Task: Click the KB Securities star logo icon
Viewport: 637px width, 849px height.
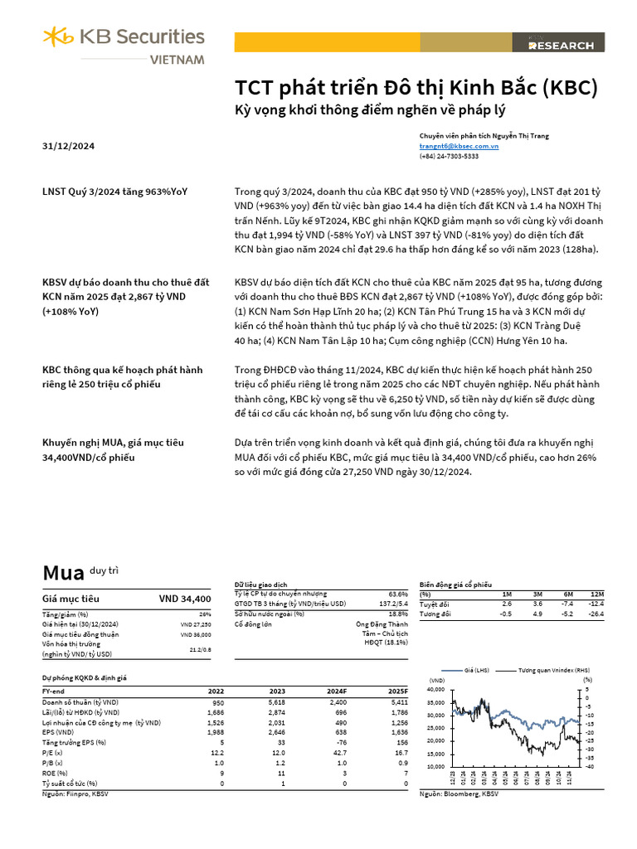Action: [x=59, y=37]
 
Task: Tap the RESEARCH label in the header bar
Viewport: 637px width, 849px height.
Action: [x=562, y=46]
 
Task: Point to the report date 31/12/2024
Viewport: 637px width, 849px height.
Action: [x=68, y=146]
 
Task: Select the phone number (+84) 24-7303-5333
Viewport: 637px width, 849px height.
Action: [x=449, y=155]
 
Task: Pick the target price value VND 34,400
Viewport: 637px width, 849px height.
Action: [x=185, y=599]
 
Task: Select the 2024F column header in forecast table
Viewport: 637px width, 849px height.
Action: [x=337, y=691]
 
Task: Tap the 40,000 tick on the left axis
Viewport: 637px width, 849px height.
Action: [x=436, y=690]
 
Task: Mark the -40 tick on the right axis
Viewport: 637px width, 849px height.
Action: [x=588, y=766]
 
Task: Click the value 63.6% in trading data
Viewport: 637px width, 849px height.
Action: [x=397, y=594]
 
